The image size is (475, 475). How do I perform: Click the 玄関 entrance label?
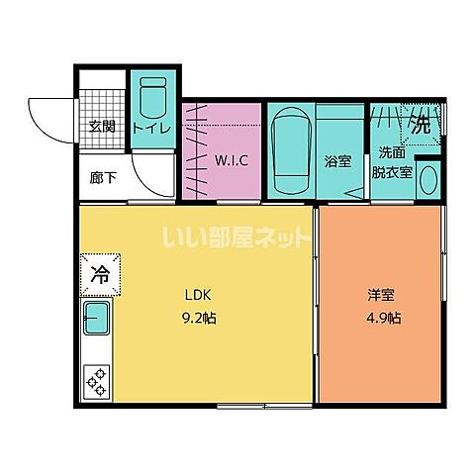(x=101, y=126)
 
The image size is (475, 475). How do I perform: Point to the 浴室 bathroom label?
(x=338, y=161)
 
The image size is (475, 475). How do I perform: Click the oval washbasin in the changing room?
(x=428, y=180)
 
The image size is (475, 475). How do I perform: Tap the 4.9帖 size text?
(x=382, y=320)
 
